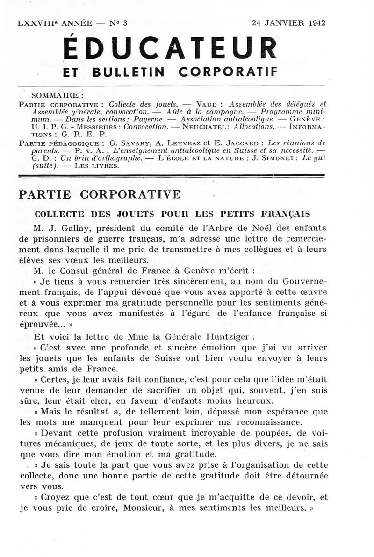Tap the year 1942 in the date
317,22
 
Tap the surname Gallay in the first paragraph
67,229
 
